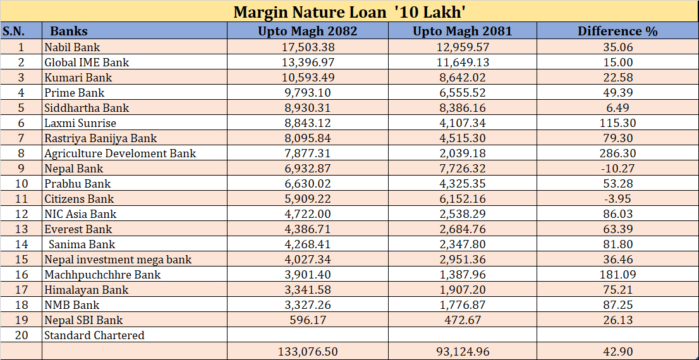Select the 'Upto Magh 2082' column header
tap(307, 31)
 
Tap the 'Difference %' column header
tap(617, 31)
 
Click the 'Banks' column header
tap(69, 31)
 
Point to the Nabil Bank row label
tap(72, 47)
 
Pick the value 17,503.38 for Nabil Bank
tap(307, 47)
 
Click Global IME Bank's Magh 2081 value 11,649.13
tap(462, 63)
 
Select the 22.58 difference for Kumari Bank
tap(617, 78)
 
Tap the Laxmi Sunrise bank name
tap(80, 123)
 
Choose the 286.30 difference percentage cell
tap(617, 153)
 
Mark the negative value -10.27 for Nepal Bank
tap(617, 169)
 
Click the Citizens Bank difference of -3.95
tap(617, 199)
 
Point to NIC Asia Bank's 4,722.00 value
tap(307, 214)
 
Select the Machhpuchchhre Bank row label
tap(102, 275)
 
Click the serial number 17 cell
tap(21, 290)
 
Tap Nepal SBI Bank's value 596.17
tap(307, 320)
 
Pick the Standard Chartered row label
tap(94, 335)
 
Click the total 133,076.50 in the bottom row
tap(307, 351)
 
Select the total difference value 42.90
tap(617, 351)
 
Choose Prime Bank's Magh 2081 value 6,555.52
tap(462, 93)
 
